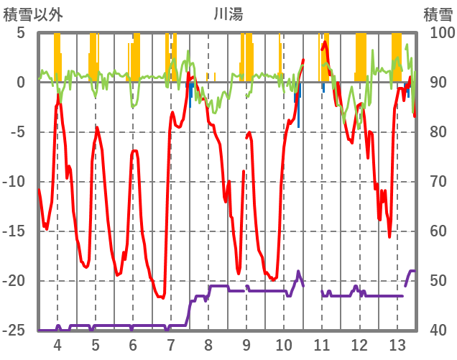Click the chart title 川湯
228,13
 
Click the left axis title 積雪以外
33,13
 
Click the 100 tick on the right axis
440,33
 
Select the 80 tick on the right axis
437,132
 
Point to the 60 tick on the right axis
437,231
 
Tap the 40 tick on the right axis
437,331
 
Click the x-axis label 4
57,344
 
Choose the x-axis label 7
170,344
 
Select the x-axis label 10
284,344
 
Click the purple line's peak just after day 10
298,271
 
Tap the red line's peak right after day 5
97,128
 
